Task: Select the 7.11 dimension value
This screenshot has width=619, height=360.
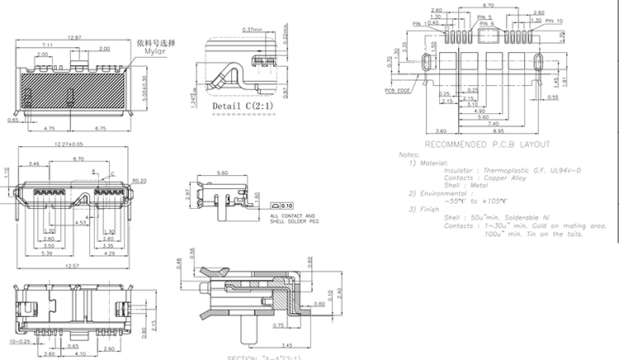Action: [x=47, y=44]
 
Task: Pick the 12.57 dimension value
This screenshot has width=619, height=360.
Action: [x=73, y=267]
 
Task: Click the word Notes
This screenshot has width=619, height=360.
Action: [x=409, y=154]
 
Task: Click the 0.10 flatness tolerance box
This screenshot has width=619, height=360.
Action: [x=286, y=205]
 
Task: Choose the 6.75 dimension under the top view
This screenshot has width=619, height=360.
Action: [x=101, y=129]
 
